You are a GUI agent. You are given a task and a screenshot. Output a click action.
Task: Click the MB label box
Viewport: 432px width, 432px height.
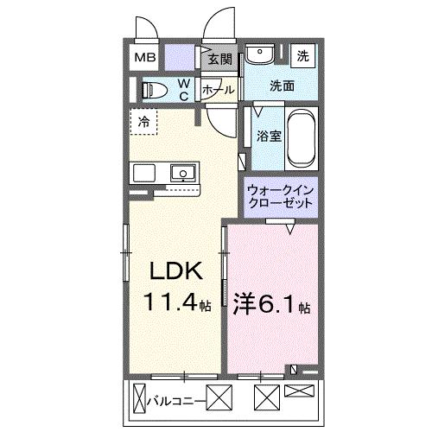click(x=145, y=58)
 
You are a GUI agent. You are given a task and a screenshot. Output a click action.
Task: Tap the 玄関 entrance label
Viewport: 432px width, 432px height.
click(x=220, y=60)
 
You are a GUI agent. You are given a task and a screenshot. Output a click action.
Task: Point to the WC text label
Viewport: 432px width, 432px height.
click(x=184, y=90)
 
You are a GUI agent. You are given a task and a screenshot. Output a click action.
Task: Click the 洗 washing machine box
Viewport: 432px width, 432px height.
click(x=303, y=55)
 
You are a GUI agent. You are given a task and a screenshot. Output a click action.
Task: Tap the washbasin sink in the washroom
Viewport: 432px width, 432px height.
click(x=258, y=55)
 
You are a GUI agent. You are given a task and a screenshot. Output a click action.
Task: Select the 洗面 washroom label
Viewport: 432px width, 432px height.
click(x=282, y=86)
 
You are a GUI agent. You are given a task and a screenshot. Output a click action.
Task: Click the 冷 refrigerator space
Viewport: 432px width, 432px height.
click(x=144, y=122)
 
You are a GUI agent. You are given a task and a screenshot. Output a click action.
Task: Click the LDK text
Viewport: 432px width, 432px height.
click(x=177, y=271)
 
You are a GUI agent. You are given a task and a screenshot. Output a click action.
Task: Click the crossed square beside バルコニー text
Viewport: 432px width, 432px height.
click(x=219, y=400)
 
